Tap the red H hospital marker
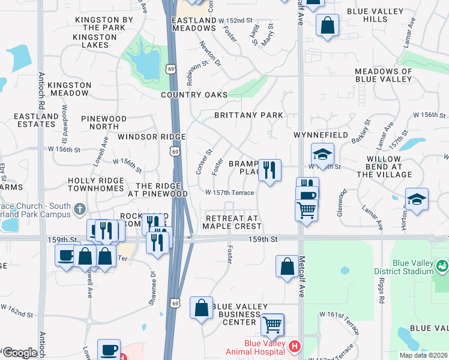(x=294, y=346)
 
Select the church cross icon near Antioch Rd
(x=80, y=210)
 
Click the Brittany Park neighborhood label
(x=249, y=115)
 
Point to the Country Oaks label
(x=194, y=95)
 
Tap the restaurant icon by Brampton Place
(x=270, y=170)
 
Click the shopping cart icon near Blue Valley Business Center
(x=273, y=325)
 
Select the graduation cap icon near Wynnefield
(x=322, y=154)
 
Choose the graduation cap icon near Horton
(x=417, y=199)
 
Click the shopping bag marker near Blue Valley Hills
(x=327, y=26)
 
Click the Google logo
(x=19, y=353)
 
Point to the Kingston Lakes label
(x=95, y=41)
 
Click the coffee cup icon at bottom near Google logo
(x=109, y=350)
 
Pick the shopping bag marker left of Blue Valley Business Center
(x=201, y=307)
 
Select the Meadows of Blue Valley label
(x=384, y=75)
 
